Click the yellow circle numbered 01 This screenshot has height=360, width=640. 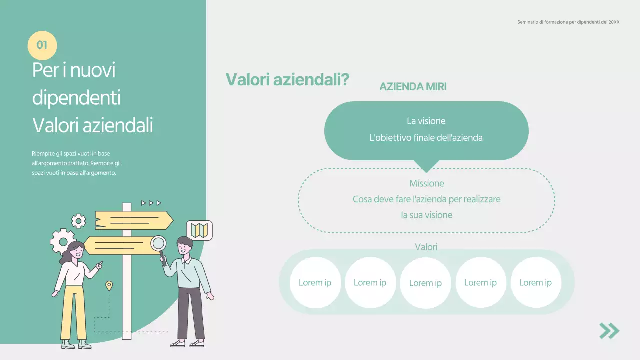(x=42, y=45)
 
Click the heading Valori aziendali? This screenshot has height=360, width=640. (x=287, y=79)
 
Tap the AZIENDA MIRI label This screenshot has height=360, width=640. (x=413, y=86)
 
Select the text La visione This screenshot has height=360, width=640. (x=426, y=121)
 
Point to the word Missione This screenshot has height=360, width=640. (x=426, y=183)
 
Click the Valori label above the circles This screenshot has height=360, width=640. (x=426, y=247)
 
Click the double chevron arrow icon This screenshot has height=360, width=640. (x=609, y=331)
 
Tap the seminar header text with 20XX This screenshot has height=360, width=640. (x=568, y=22)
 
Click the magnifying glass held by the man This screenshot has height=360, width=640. (x=159, y=244)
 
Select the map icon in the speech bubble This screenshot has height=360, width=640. (x=199, y=230)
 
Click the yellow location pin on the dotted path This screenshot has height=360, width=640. (x=109, y=286)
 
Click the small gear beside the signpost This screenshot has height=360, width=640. (x=78, y=220)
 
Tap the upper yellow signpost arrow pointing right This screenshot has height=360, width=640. (x=134, y=220)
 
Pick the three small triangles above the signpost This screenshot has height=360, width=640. (x=151, y=203)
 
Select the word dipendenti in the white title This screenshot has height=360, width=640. (x=76, y=97)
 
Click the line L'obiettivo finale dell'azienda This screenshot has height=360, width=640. (x=426, y=138)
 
